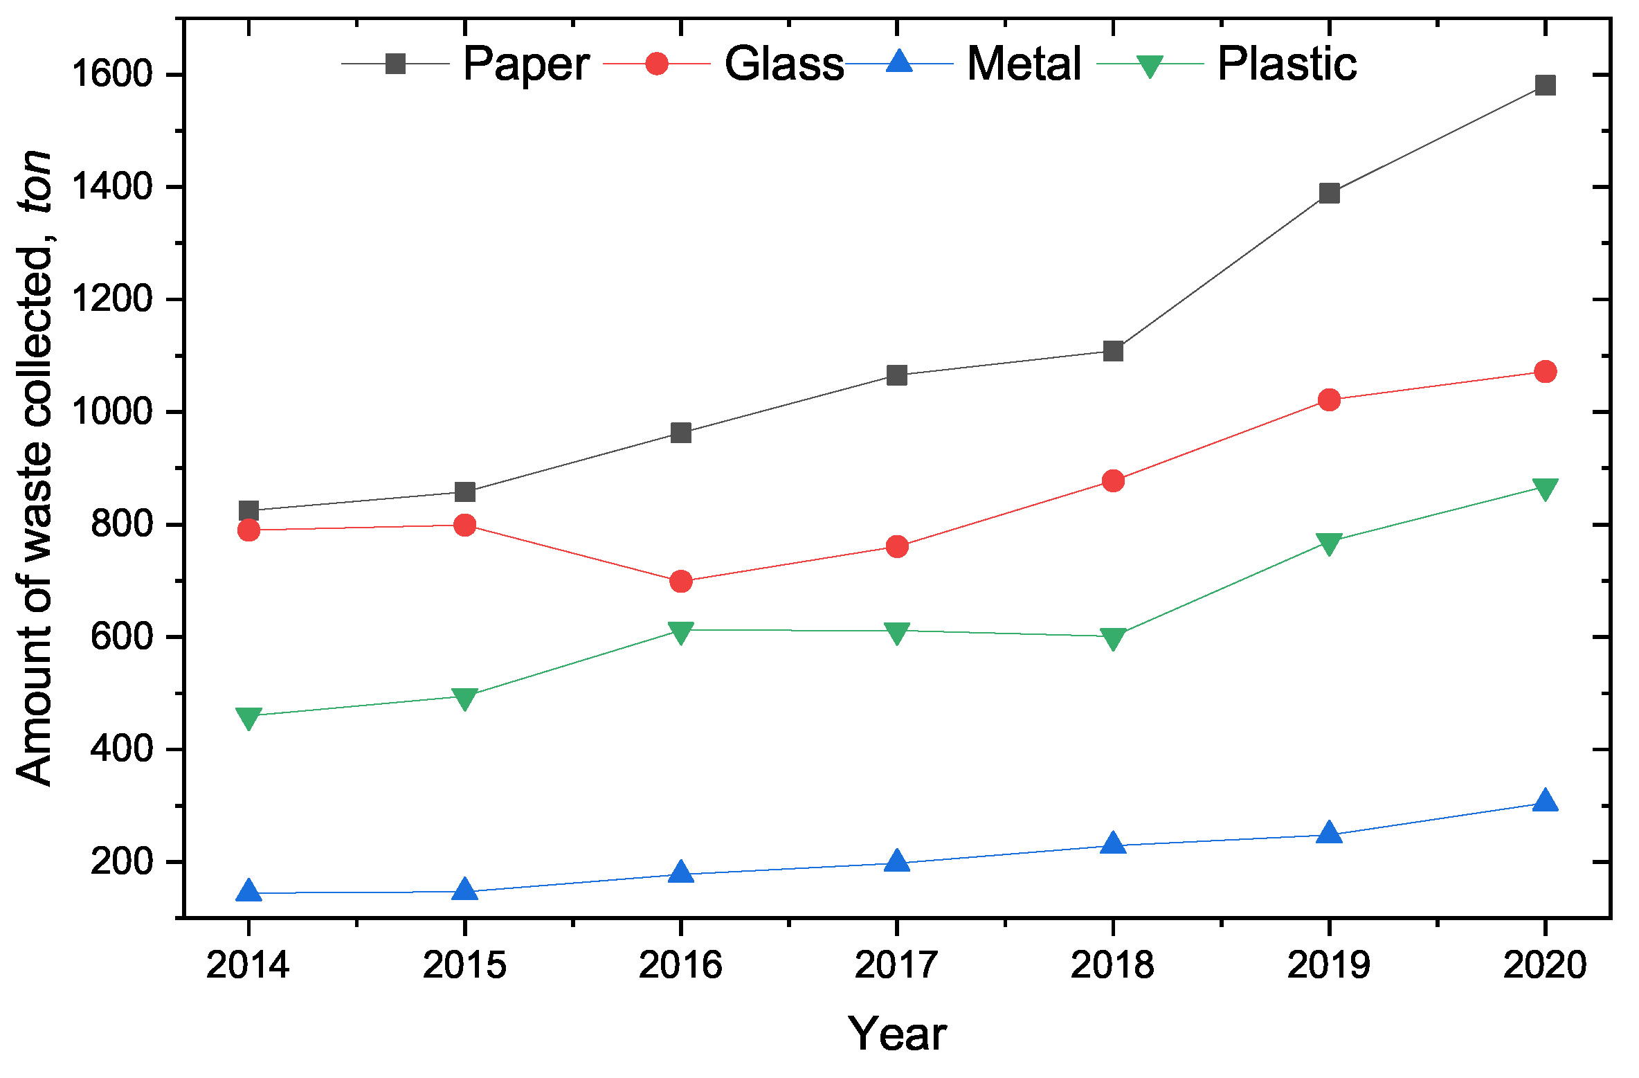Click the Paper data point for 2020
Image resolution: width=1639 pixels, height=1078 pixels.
1545,85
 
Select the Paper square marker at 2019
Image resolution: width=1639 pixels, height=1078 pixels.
1329,193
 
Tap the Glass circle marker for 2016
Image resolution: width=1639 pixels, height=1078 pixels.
681,581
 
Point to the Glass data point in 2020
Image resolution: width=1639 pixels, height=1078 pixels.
1545,372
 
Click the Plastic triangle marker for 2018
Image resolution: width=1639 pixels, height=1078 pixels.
1113,638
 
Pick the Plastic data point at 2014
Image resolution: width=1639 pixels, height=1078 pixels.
248,717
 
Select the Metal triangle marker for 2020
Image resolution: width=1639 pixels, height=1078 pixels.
1545,801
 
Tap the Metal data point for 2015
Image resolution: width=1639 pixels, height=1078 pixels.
464,890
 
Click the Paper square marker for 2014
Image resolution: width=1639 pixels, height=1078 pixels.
248,511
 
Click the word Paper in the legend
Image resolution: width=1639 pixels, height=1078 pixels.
526,64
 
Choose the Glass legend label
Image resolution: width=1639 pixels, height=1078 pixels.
784,64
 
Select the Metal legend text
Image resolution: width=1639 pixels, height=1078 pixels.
1024,64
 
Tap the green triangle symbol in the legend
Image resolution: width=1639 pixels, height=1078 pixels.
1150,66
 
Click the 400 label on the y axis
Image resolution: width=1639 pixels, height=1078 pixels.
121,749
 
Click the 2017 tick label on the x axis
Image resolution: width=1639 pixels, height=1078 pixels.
896,964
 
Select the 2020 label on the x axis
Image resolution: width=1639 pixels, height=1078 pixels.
1545,964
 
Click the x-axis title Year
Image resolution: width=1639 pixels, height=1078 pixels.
897,1034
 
